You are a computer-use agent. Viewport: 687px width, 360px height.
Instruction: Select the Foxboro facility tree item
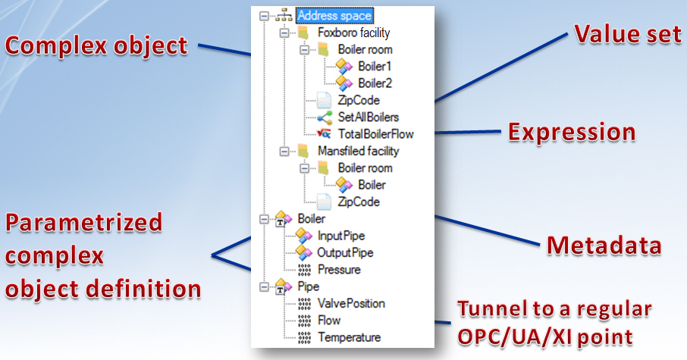pos(353,33)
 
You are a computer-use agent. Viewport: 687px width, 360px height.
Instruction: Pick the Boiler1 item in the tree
pos(375,67)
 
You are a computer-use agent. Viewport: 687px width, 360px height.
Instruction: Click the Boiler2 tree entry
pos(375,83)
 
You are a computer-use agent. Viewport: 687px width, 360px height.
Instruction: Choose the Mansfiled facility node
pos(358,151)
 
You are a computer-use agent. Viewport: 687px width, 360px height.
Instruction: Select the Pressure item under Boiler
pos(339,269)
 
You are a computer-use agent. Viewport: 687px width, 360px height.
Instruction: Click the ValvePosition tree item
pos(351,303)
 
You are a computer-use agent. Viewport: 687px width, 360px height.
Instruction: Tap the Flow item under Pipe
pos(329,320)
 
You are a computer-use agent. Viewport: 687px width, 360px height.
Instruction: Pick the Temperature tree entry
pos(349,337)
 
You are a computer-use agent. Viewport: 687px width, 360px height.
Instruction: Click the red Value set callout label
pos(626,33)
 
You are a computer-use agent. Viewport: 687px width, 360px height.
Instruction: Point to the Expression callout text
pos(572,131)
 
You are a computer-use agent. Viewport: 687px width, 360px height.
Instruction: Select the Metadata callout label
pos(604,244)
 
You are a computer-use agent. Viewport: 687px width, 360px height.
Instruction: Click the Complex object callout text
pos(96,45)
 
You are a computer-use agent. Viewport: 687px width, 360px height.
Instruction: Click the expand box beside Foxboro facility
pos(284,33)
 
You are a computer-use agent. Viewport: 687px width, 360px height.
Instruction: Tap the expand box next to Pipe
pos(264,286)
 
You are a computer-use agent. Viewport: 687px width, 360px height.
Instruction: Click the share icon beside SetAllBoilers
pos(325,117)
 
